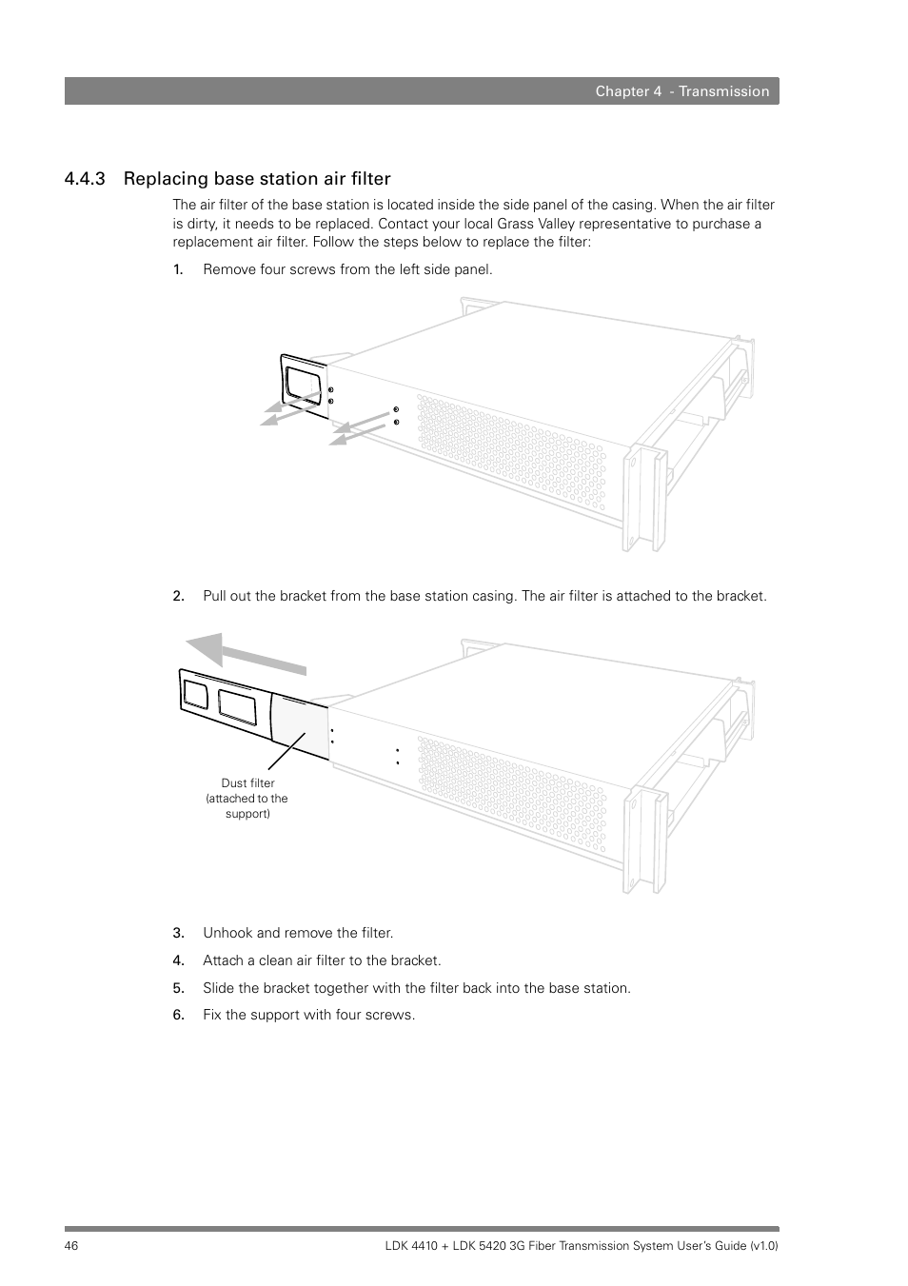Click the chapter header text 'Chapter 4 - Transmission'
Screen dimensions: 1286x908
(681, 91)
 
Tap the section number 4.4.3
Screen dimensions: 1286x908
(85, 179)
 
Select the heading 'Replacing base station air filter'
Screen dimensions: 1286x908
(257, 179)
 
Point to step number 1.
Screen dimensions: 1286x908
(177, 269)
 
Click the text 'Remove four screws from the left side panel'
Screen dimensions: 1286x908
(347, 269)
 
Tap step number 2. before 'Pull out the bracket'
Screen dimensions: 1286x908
(177, 596)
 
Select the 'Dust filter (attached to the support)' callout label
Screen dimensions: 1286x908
(247, 799)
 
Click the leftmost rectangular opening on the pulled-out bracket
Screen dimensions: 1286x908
(195, 693)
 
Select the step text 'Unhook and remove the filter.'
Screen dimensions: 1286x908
(298, 933)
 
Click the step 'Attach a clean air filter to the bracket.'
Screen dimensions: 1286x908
(322, 960)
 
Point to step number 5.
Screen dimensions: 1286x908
(177, 988)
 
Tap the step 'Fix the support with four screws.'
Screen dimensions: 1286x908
(308, 1015)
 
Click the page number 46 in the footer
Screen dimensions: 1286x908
(72, 1246)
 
